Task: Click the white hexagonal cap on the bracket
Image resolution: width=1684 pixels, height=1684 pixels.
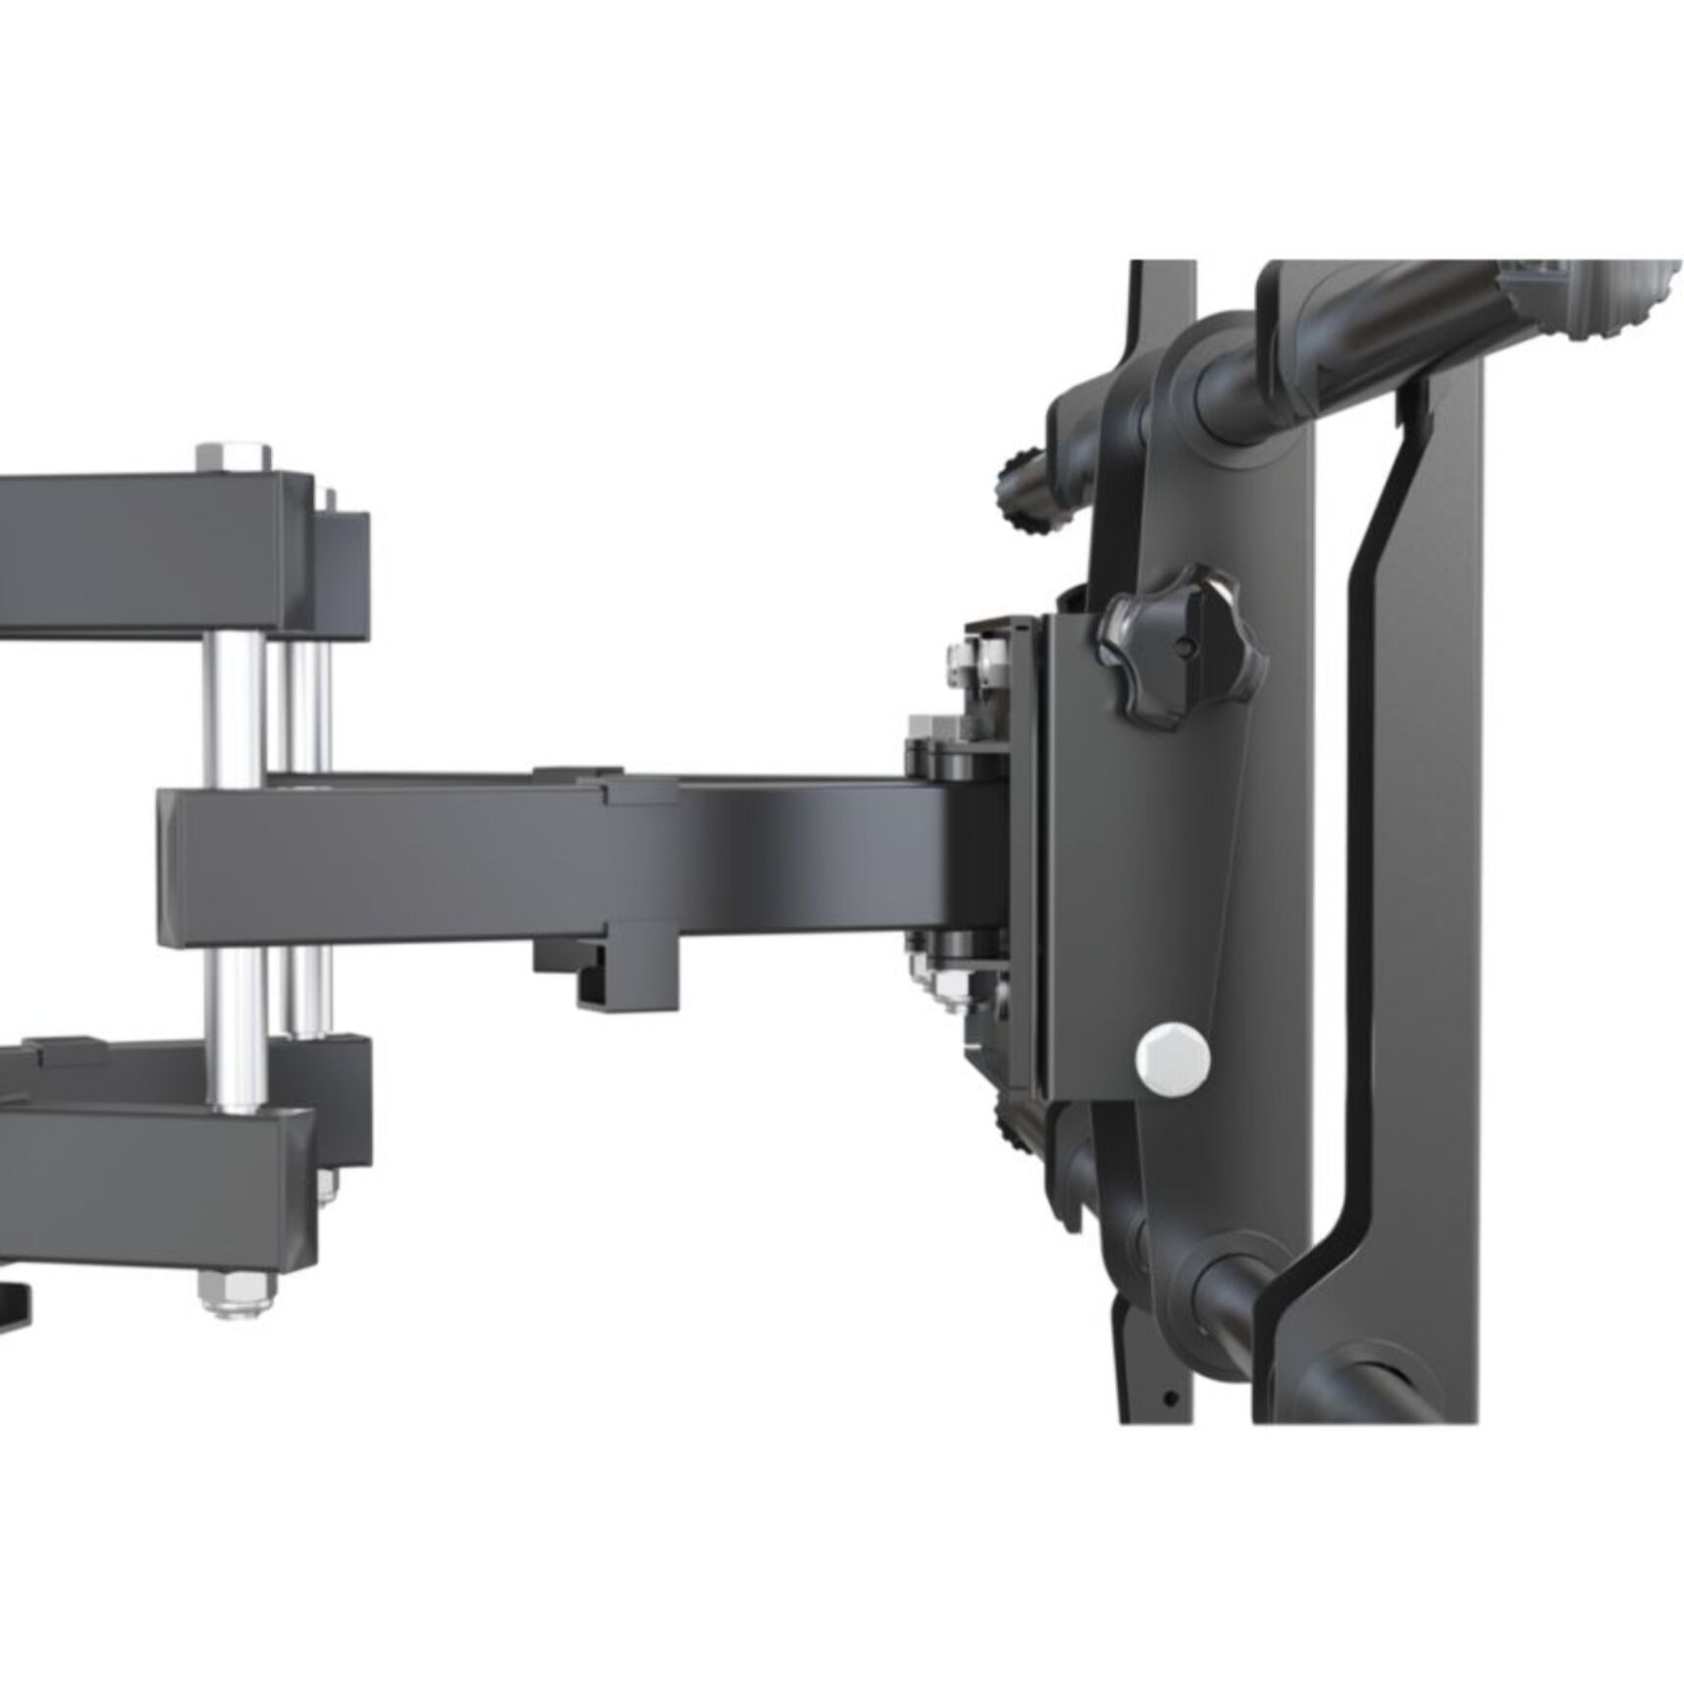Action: [x=1173, y=1059]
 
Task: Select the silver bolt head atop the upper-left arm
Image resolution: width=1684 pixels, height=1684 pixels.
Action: [x=234, y=457]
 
